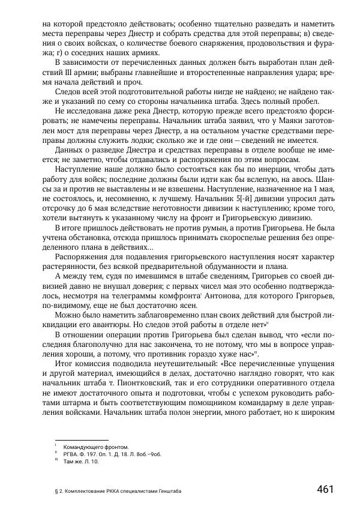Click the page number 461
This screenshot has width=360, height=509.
(325, 489)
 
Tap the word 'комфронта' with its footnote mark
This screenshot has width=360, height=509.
(182, 295)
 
